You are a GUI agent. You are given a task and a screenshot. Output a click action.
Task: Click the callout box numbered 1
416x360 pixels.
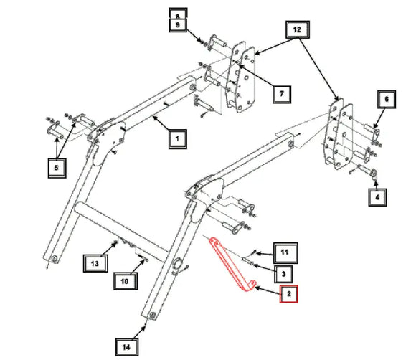click(177, 138)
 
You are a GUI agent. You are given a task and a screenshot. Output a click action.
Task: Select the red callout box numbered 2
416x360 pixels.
click(288, 294)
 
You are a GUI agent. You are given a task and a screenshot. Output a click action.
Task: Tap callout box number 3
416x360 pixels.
click(283, 274)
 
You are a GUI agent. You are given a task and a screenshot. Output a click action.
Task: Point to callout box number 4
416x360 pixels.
click(377, 197)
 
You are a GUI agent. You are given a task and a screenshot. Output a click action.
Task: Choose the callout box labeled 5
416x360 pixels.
click(57, 168)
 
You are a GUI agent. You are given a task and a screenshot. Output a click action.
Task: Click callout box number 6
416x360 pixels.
click(387, 99)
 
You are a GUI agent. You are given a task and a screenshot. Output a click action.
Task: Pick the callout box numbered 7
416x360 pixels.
click(282, 94)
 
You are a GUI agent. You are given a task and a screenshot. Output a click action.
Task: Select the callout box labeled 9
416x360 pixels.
click(178, 25)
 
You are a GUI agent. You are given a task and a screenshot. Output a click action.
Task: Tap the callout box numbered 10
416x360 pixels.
click(126, 281)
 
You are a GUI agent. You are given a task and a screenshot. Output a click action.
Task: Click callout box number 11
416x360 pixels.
click(285, 253)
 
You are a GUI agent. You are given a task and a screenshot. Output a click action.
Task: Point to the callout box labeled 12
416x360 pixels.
click(298, 29)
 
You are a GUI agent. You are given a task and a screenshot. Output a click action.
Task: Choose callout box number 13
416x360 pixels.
click(95, 263)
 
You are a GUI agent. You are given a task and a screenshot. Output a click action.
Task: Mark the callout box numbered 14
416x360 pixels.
click(127, 347)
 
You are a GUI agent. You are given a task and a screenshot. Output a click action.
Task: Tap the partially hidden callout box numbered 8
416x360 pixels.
click(178, 14)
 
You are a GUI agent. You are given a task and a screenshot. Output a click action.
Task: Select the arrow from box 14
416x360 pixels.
click(139, 332)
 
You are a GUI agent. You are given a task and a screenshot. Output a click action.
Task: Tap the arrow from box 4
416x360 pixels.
click(377, 184)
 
